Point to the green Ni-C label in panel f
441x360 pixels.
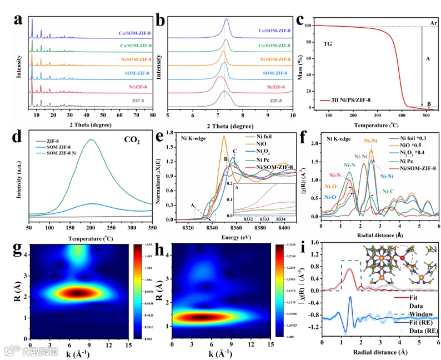[387, 192]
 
